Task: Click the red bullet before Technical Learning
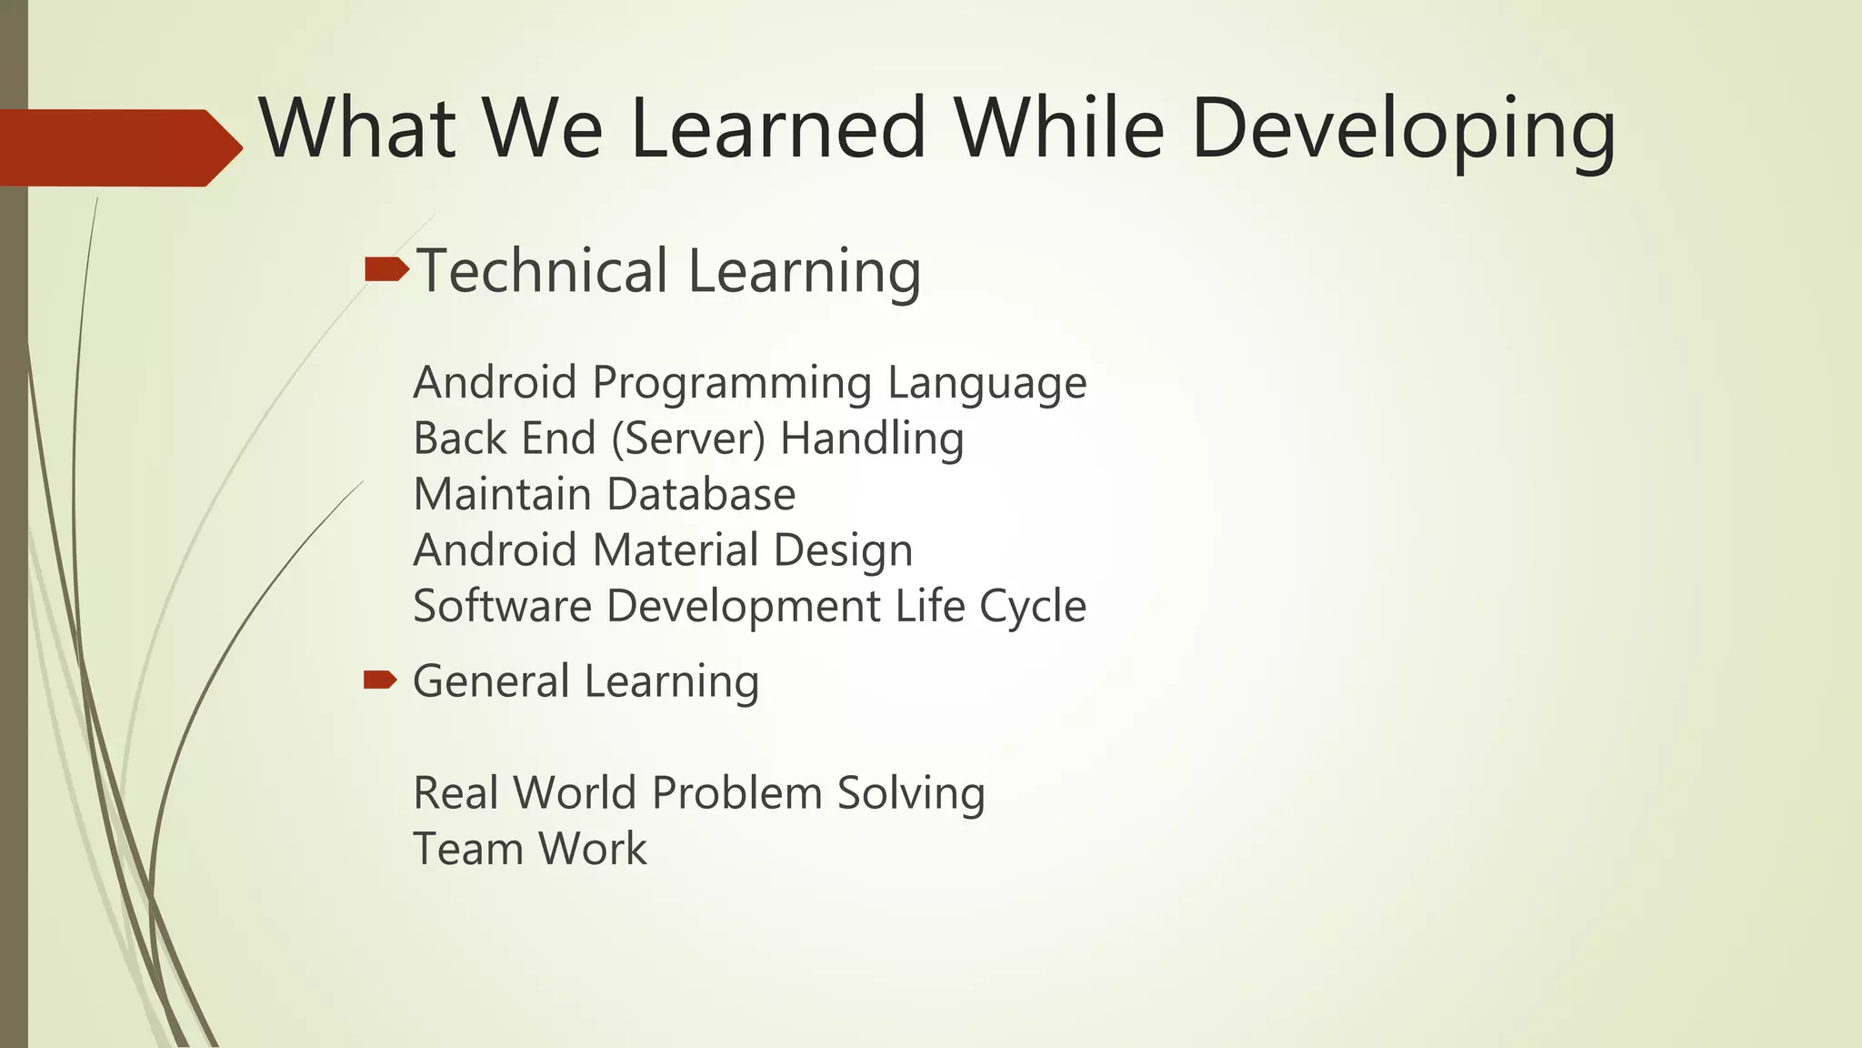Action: [385, 269]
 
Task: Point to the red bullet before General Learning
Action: [380, 680]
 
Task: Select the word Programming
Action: [732, 383]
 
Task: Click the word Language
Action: [986, 383]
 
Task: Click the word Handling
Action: [872, 438]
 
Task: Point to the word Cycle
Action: [1033, 607]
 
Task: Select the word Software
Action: [502, 606]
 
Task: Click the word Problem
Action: [737, 792]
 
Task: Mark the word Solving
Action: [910, 793]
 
